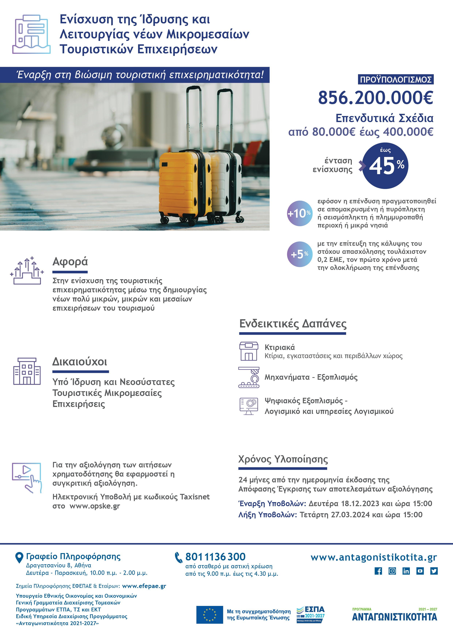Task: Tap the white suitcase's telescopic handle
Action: point(224,117)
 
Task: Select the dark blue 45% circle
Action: point(385,166)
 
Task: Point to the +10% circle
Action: point(300,213)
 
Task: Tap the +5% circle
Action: point(300,254)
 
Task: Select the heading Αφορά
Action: point(70,262)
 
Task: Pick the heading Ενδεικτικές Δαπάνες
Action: point(293,324)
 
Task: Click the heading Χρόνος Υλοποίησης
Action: point(283,459)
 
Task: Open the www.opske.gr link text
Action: point(95,506)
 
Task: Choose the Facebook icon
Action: point(378,571)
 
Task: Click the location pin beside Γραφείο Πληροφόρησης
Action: point(19,557)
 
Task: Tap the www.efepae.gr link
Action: point(144,586)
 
